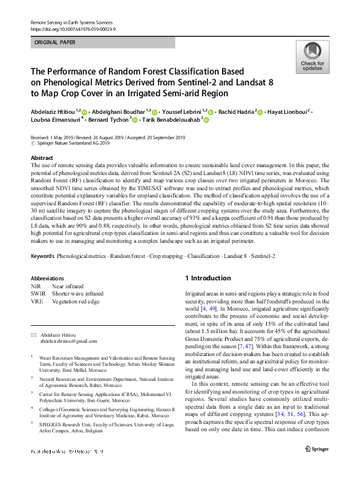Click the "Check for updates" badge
[x=312, y=58]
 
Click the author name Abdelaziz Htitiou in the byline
[x=54, y=111]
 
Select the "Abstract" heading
[x=42, y=157]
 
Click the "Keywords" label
[x=42, y=257]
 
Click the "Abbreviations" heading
[x=47, y=278]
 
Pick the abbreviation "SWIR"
[x=38, y=294]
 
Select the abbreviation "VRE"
[x=37, y=302]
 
